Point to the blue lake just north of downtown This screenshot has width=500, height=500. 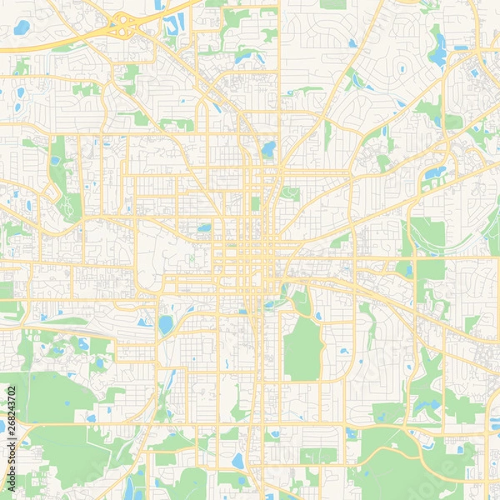(267, 150)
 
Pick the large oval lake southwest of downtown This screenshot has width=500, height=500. (166, 324)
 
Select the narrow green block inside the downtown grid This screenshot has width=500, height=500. (255, 202)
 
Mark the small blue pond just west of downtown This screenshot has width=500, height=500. (204, 227)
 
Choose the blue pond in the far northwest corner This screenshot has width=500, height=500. (22, 27)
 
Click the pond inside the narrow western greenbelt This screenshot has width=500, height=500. (56, 160)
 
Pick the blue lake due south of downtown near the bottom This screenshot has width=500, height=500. (238, 461)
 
